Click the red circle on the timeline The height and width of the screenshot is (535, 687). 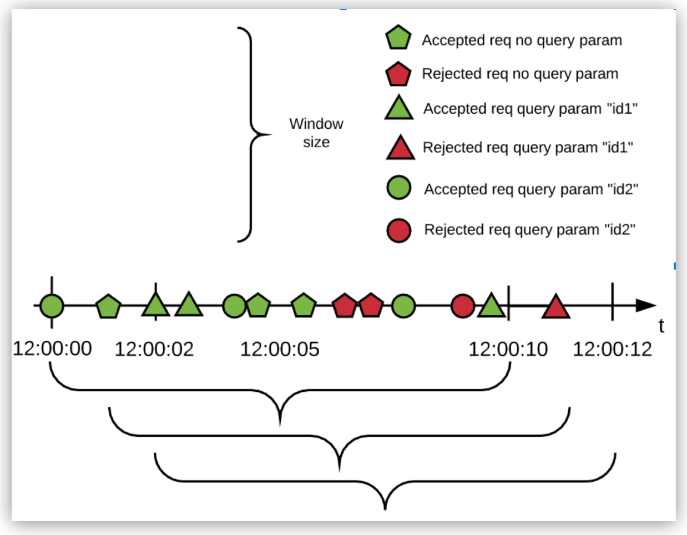[463, 306]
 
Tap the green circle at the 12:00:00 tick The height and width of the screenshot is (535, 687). [52, 306]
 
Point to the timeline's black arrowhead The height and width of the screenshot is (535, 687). [645, 305]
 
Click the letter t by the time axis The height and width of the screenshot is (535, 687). [661, 326]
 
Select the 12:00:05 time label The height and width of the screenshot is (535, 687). [280, 349]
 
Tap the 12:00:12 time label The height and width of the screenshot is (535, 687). [612, 349]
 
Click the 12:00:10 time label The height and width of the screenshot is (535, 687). [508, 349]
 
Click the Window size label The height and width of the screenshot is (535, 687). [316, 133]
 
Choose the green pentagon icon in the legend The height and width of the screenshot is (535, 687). [398, 38]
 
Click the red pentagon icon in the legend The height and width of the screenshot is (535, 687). [398, 74]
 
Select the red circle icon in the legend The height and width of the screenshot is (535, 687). [398, 230]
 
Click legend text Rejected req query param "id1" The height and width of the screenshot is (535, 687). [528, 148]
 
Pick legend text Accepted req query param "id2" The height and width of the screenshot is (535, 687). [531, 189]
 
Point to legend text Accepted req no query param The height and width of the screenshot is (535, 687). [522, 41]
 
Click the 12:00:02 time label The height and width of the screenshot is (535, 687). [154, 349]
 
